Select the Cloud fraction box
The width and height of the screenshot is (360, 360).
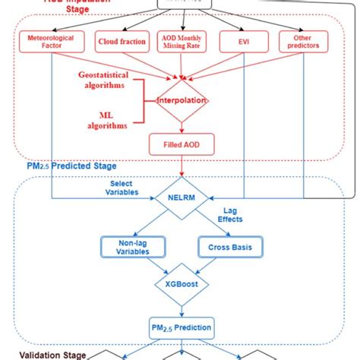pyautogui.click(x=122, y=42)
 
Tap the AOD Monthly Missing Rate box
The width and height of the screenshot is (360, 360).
pyautogui.click(x=184, y=42)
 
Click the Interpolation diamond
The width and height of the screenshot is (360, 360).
pyautogui.click(x=181, y=102)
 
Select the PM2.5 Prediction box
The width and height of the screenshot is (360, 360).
pyautogui.click(x=181, y=327)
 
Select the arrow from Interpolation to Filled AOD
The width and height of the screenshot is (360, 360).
pyautogui.click(x=181, y=126)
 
